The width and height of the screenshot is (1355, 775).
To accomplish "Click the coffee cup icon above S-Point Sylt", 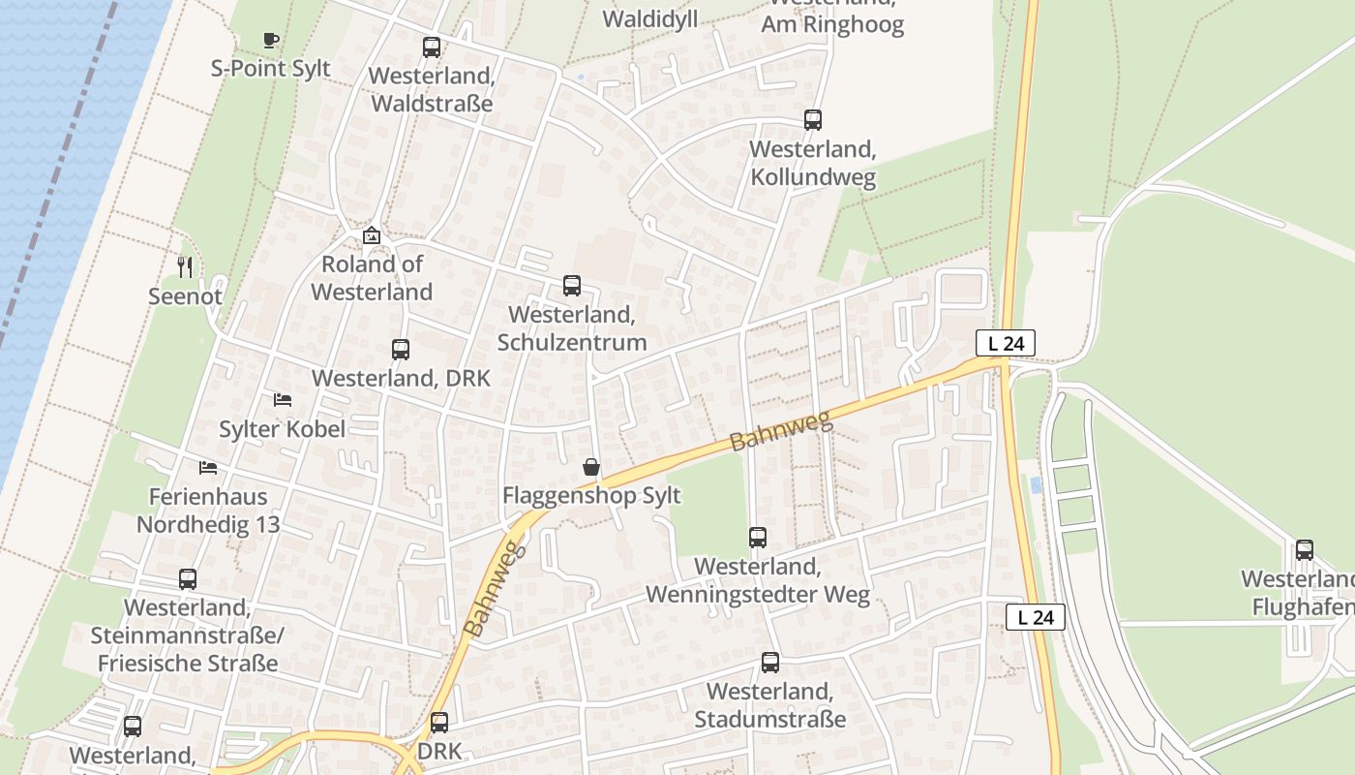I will (271, 40).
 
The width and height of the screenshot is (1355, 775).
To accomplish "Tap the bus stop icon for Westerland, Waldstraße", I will (432, 46).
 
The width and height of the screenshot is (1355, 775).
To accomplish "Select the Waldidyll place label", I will (649, 19).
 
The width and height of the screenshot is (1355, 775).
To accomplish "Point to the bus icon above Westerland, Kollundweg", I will (813, 120).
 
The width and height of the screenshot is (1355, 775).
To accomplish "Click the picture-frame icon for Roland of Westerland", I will (372, 235).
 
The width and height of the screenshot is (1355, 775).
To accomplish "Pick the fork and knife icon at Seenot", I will (185, 266).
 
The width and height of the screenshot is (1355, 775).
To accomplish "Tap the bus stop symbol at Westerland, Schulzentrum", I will (572, 286).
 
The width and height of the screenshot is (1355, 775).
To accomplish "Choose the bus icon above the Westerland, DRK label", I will (401, 350).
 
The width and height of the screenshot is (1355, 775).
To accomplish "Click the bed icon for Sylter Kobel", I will (283, 399).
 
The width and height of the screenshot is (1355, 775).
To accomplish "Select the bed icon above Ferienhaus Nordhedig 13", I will (208, 468).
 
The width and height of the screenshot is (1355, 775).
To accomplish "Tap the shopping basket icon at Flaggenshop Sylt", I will (591, 467).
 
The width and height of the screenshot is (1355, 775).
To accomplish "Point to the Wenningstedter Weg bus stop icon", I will (758, 537).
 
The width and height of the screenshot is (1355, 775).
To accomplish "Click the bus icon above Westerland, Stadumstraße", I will (770, 663).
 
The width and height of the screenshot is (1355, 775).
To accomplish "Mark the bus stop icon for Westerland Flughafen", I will (1305, 550).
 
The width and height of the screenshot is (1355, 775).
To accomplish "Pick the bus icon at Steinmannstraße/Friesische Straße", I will (188, 579).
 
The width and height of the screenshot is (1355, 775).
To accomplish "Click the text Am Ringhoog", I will (832, 25).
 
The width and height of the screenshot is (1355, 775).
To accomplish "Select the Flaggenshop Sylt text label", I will (591, 496).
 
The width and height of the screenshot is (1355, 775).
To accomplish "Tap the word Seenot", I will (185, 296).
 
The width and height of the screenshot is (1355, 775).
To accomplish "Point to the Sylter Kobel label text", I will (282, 429).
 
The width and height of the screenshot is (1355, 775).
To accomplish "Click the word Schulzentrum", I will (572, 343).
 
